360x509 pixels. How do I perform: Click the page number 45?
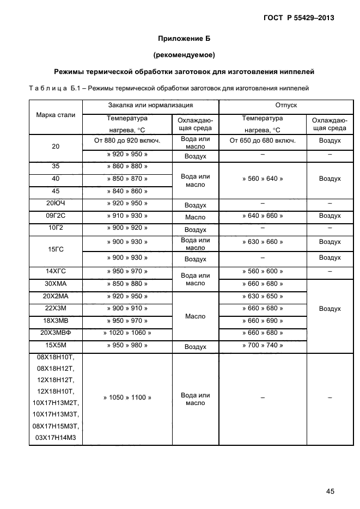tap(330, 491)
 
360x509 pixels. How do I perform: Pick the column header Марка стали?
tap(56, 115)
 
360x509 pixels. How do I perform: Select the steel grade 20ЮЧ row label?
tap(56, 204)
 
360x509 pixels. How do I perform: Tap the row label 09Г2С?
tap(56, 216)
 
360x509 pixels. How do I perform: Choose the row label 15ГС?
tap(56, 249)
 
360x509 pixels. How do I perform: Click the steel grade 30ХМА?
tap(56, 284)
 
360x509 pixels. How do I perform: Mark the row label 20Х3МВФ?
tap(56, 333)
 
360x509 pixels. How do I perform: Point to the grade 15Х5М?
tap(56, 345)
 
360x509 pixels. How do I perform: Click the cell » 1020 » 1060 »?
tap(127, 333)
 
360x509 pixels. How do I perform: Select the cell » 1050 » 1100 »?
tap(127, 398)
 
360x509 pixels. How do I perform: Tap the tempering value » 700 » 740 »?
tap(263, 345)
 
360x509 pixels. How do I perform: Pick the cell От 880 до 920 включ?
tap(127, 141)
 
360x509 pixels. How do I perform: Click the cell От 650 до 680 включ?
tap(263, 141)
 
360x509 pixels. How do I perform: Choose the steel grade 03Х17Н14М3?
tap(56, 438)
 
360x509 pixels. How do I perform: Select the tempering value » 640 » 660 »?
tap(263, 216)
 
